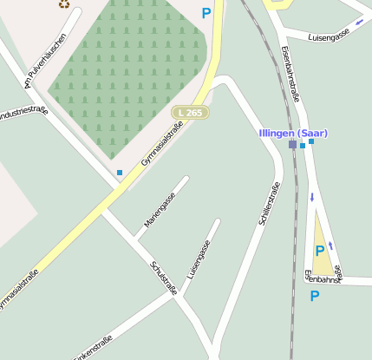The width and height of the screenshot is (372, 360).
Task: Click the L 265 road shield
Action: [190, 113]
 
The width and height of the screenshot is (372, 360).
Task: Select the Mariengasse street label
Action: [160, 210]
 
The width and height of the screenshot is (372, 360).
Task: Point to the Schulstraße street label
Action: [164, 278]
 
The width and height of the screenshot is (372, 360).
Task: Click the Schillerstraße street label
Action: [270, 205]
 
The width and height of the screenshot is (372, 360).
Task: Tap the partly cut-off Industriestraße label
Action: [23, 113]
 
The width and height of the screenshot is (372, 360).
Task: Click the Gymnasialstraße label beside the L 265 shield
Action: [162, 143]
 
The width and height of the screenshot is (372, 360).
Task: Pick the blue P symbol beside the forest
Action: [206, 13]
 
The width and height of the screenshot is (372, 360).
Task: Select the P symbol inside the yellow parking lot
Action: [320, 251]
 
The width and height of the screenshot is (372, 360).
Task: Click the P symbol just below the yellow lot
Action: [315, 296]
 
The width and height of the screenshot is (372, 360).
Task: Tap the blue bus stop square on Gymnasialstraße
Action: [120, 173]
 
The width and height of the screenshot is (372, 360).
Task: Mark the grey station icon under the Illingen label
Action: [292, 145]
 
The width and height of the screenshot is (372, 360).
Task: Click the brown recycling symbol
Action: [64, 3]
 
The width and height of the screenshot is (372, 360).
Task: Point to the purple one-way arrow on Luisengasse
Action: [360, 23]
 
